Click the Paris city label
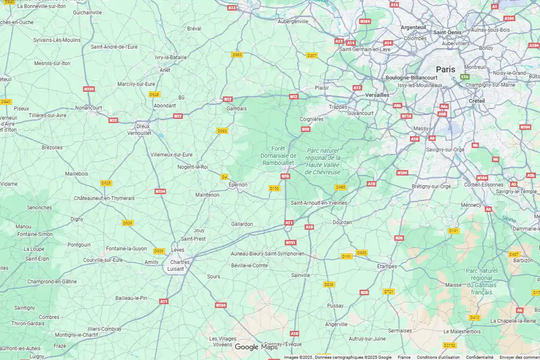tap(446, 69)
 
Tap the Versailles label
tap(377, 95)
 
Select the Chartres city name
tap(180, 262)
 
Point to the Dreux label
tap(143, 126)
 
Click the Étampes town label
tap(387, 267)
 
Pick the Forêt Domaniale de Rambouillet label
tap(278, 156)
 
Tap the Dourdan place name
tap(342, 223)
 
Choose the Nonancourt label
tap(88, 108)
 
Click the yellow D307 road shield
tap(312, 55)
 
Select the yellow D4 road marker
tap(224, 177)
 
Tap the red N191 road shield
tap(291, 242)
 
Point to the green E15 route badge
tap(465, 77)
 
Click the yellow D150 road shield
tap(274, 188)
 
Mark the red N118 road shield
tap(406, 116)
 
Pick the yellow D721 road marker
tap(389, 291)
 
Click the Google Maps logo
tap(256, 347)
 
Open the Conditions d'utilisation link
tap(438, 357)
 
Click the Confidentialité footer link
tap(480, 357)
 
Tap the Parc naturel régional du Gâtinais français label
tap(482, 281)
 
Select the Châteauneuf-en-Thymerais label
tap(104, 198)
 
